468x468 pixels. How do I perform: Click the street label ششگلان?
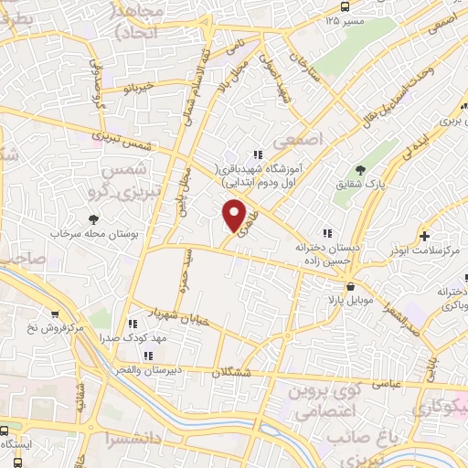point(232,372)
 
